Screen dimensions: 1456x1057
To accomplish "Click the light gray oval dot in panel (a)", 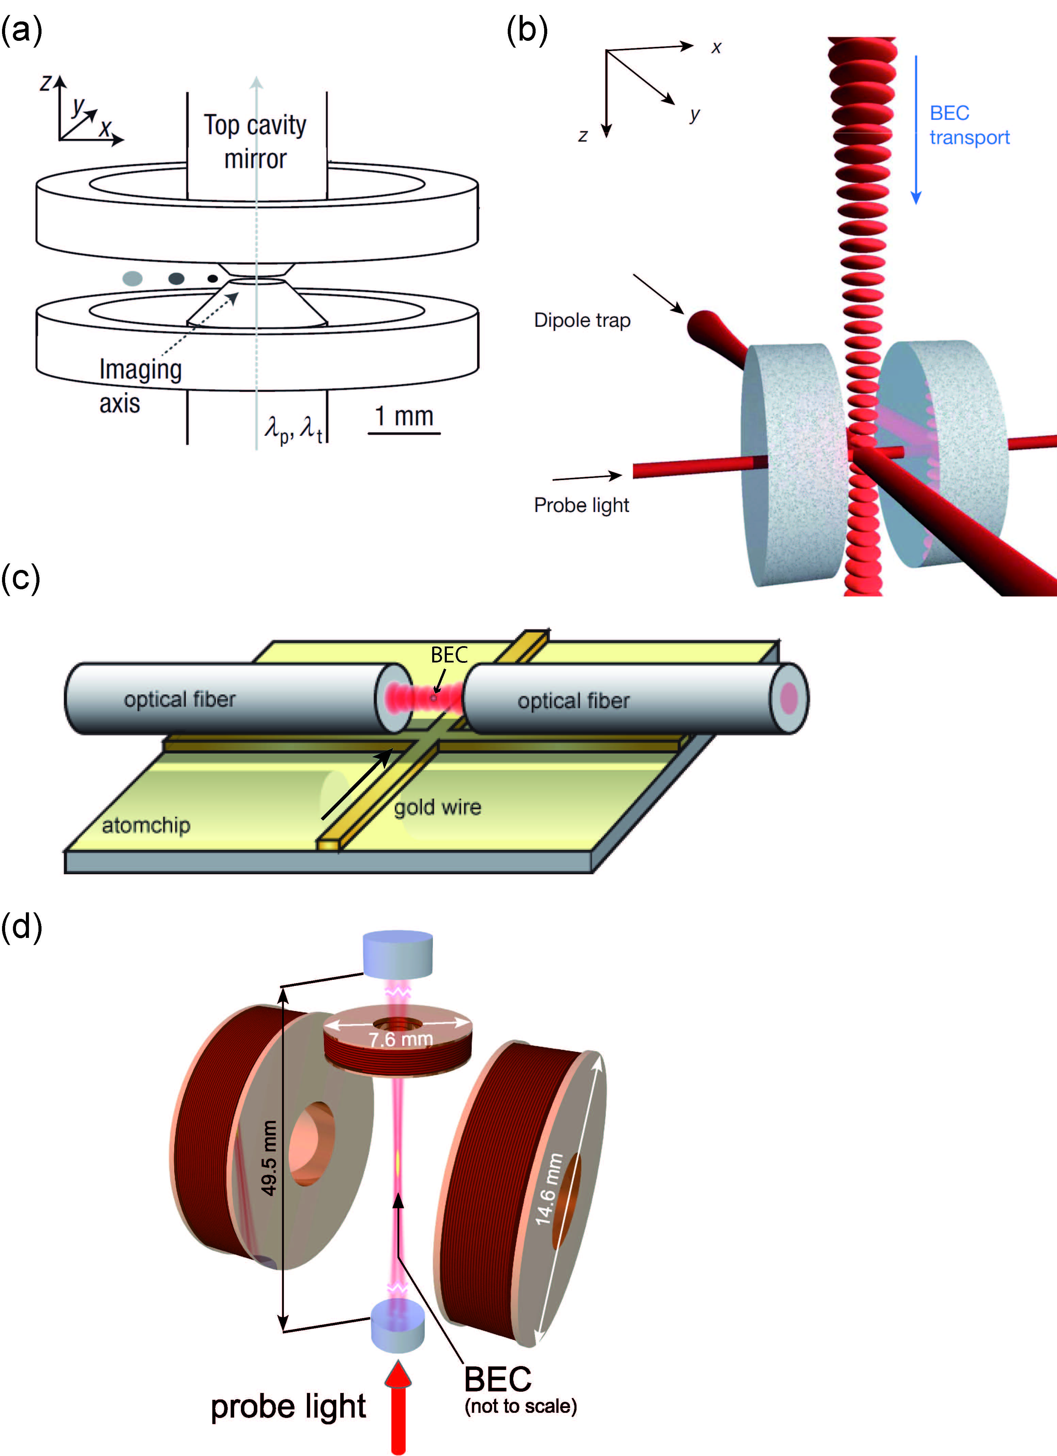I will (x=132, y=278).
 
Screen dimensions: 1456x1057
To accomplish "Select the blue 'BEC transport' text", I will (x=969, y=125).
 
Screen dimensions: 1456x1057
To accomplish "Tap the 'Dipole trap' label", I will (x=582, y=320).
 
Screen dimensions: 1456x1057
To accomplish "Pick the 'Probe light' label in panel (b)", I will (x=582, y=505).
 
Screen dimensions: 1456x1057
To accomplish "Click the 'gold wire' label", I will (x=438, y=807).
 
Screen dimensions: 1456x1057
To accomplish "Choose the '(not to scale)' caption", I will (x=520, y=1407).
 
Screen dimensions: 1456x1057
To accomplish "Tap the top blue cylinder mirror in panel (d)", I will (x=398, y=952).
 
